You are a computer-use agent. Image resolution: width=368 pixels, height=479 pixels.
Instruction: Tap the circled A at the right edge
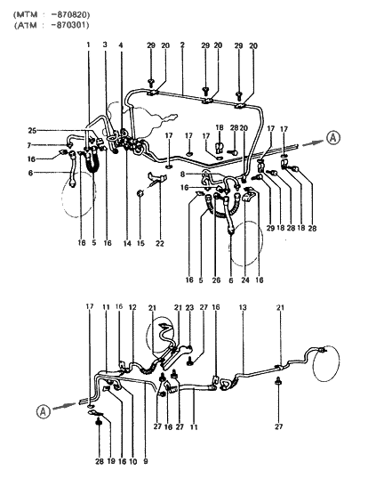click(332, 136)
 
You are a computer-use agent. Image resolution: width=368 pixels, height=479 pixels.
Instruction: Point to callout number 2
click(182, 45)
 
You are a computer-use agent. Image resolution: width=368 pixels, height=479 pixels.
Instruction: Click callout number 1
click(89, 45)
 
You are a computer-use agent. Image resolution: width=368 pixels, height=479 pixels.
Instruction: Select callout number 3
click(105, 45)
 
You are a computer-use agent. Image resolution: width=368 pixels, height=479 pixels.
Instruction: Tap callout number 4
click(121, 45)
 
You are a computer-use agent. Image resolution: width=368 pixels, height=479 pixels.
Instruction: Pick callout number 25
click(58, 131)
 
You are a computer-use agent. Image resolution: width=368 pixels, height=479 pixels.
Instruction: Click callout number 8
click(183, 175)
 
